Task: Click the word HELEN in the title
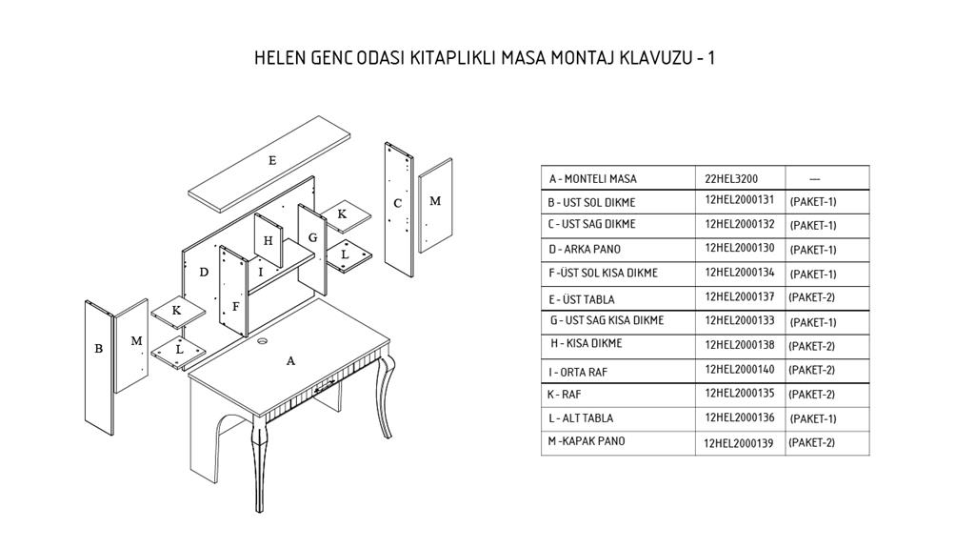(281, 58)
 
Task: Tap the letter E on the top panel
(272, 160)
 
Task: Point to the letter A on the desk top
(290, 361)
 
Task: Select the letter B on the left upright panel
(98, 349)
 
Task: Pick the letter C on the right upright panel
(397, 203)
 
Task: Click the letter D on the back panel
(204, 272)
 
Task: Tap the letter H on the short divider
(268, 241)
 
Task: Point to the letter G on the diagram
(312, 237)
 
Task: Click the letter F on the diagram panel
(236, 306)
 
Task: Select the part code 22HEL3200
(731, 178)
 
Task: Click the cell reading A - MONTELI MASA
(592, 178)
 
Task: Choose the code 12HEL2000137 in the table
(739, 297)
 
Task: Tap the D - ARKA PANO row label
(585, 249)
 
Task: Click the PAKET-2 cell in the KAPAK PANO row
(811, 443)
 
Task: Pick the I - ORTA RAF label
(578, 373)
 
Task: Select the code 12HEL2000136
(739, 417)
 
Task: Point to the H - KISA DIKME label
(587, 343)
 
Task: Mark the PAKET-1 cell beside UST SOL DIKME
(813, 202)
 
